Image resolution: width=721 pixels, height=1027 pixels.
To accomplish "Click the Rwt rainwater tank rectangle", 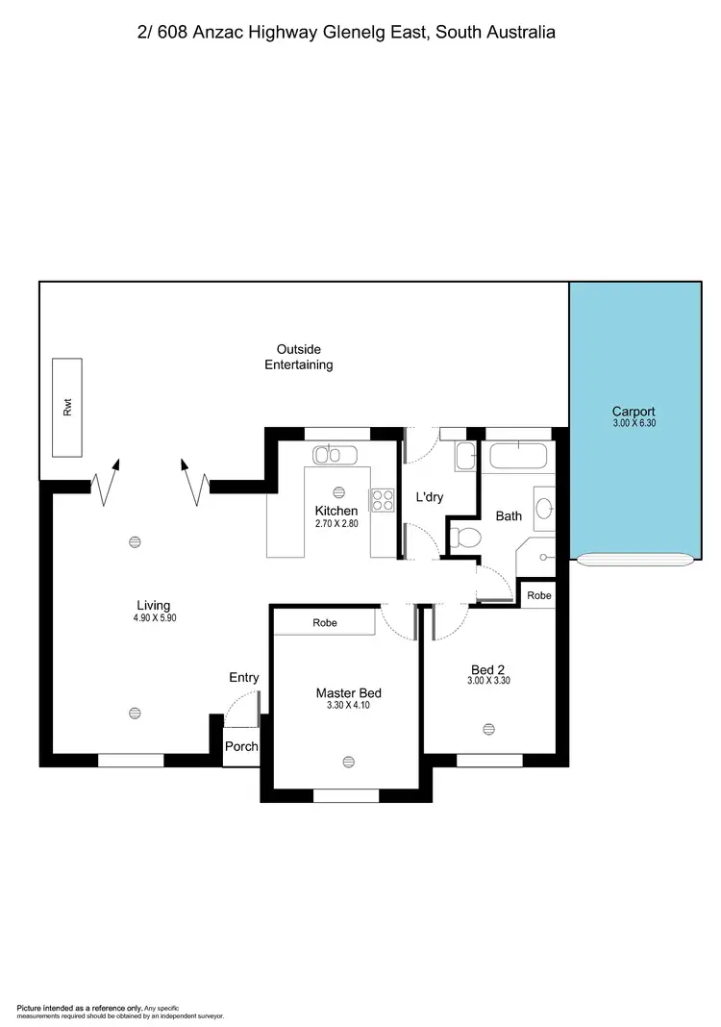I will [67, 408].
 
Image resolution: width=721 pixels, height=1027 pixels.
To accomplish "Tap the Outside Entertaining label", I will [299, 357].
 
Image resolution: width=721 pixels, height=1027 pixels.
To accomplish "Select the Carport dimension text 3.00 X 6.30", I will [634, 423].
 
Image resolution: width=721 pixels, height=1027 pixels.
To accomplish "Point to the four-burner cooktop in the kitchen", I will [383, 500].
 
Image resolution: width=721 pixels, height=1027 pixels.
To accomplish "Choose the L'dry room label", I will [429, 497].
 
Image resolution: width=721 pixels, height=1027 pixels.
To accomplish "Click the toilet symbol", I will [466, 539].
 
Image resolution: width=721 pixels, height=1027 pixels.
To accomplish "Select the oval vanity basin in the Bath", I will [543, 510].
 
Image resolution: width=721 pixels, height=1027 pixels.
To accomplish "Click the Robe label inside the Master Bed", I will [324, 623].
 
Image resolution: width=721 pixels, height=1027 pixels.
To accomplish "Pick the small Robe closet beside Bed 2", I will [539, 595].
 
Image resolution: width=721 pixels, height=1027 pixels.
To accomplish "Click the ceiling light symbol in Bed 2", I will [489, 728].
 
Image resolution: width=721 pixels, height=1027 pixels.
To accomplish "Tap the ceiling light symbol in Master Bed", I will [348, 762].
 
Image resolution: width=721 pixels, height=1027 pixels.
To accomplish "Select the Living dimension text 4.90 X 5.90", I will [154, 618].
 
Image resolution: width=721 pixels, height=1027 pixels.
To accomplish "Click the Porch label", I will [241, 747].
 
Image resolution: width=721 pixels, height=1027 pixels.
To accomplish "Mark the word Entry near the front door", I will [244, 678].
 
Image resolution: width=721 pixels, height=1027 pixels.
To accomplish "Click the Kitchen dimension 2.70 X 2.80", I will [336, 524].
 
